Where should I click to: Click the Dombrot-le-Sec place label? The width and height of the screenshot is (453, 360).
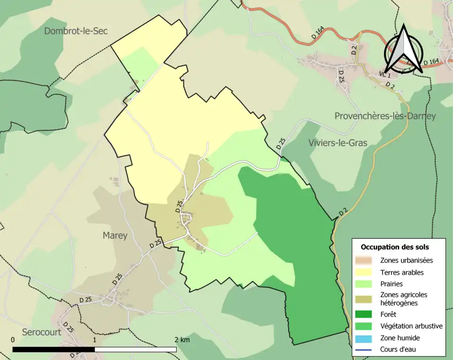point(76,31)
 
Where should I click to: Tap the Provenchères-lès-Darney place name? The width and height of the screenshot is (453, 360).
point(385,116)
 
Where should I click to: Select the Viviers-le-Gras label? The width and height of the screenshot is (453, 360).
point(337,142)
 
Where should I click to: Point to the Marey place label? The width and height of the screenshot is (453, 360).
point(115,235)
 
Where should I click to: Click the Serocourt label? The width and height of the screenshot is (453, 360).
point(42,332)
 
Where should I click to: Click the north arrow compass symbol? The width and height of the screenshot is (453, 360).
point(403,50)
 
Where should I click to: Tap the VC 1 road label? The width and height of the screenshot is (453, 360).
point(385,75)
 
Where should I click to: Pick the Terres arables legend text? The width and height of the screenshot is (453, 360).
point(402,272)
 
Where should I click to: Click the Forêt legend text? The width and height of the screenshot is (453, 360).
point(388,314)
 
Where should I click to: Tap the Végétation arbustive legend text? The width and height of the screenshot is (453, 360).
point(411,326)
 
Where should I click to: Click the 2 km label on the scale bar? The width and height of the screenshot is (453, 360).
point(182,340)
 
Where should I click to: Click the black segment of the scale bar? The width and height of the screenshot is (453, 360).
point(53,350)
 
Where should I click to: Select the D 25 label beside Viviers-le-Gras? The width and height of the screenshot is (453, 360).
point(281,143)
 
